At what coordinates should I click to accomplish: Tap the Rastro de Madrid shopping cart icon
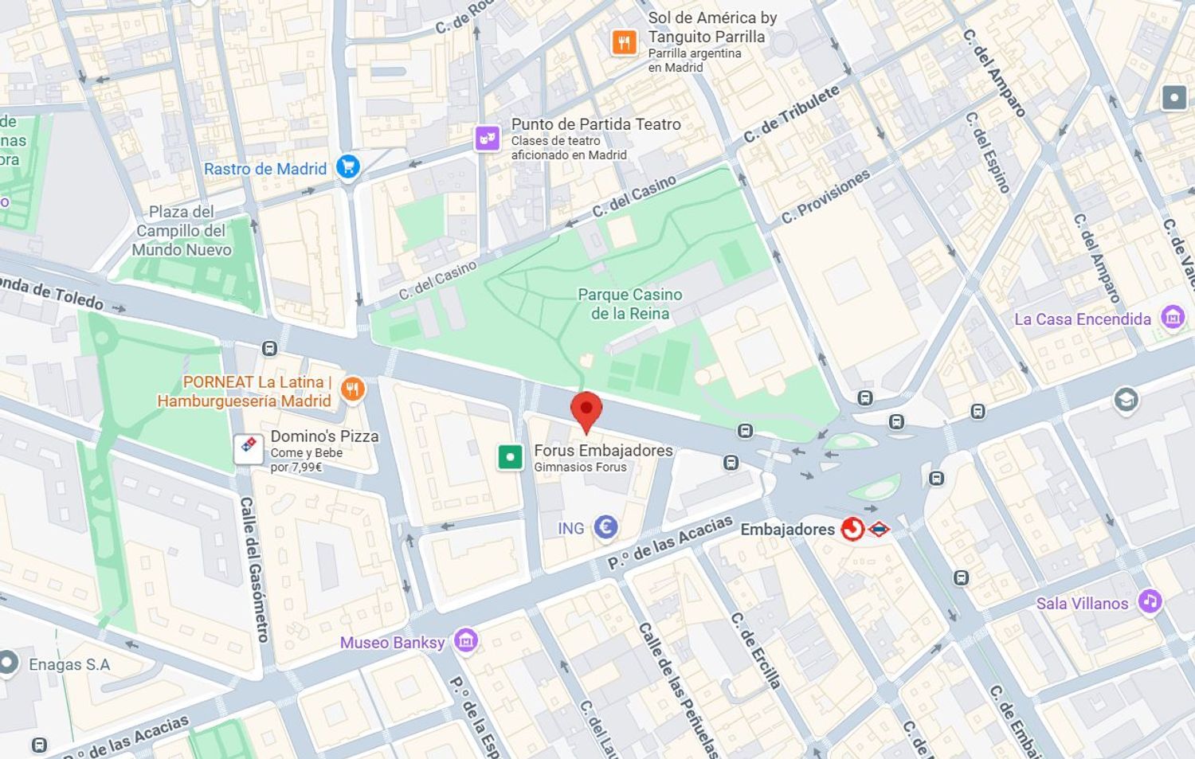(x=348, y=167)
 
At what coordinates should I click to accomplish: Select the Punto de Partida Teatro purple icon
(x=488, y=139)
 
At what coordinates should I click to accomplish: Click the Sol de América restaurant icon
(x=624, y=42)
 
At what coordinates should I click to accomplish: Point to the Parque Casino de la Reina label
(x=629, y=303)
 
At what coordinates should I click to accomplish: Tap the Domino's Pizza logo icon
(x=249, y=448)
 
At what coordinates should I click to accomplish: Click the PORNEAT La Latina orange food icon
(x=352, y=389)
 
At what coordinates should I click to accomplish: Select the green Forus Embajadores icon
(x=510, y=457)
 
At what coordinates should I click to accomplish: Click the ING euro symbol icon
(x=606, y=526)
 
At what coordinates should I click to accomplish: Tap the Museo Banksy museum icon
(x=466, y=640)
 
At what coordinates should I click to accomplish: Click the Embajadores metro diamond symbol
(x=878, y=529)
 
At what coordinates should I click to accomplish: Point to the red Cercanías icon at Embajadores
(x=852, y=529)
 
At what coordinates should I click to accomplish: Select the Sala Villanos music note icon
(x=1149, y=601)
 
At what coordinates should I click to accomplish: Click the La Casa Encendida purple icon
(x=1172, y=317)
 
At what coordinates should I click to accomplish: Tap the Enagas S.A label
(x=69, y=664)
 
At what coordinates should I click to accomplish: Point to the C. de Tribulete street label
(x=791, y=114)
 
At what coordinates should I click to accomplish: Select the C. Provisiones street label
(x=825, y=196)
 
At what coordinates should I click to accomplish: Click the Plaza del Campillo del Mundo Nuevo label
(x=182, y=230)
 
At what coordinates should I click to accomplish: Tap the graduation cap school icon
(x=1126, y=399)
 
